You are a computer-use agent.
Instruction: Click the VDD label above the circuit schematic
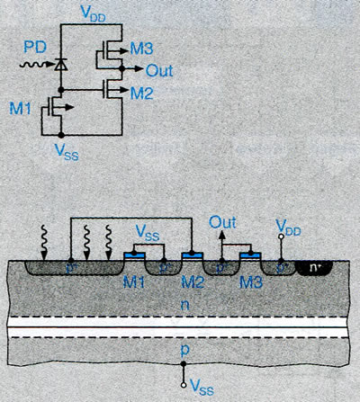94,13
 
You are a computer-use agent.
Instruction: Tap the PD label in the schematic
35,47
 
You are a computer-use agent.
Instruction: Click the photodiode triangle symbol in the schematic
61,64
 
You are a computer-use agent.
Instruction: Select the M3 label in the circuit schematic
141,49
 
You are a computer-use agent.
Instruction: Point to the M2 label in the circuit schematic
141,94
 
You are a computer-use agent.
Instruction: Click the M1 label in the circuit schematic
20,108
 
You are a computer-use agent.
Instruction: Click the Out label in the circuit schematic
159,71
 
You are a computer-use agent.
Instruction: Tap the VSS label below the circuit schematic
67,151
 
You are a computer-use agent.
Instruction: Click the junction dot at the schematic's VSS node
61,135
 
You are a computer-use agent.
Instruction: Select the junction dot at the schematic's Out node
121,68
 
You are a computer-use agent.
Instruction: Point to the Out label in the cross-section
222,223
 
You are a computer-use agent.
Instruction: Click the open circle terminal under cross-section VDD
281,237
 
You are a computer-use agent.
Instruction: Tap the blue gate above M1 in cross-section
135,255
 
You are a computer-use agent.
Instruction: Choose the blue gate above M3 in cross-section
250,255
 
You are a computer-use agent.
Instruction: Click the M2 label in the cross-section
193,282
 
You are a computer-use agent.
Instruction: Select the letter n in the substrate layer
184,305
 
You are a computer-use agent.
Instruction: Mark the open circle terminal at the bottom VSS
184,385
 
